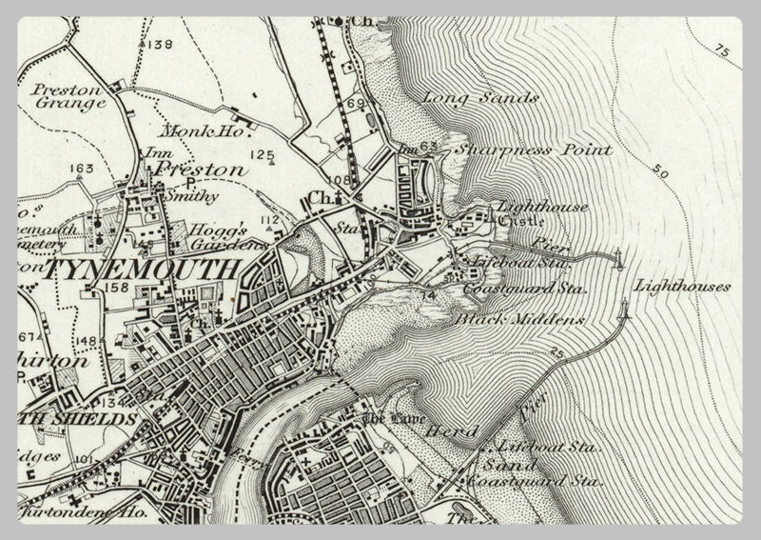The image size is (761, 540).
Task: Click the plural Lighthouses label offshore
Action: click(x=682, y=285)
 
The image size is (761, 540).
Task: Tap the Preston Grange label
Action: click(x=68, y=97)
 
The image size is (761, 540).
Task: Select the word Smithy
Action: click(x=193, y=196)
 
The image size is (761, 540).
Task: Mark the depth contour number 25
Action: click(x=556, y=353)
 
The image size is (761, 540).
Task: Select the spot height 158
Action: click(x=118, y=287)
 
